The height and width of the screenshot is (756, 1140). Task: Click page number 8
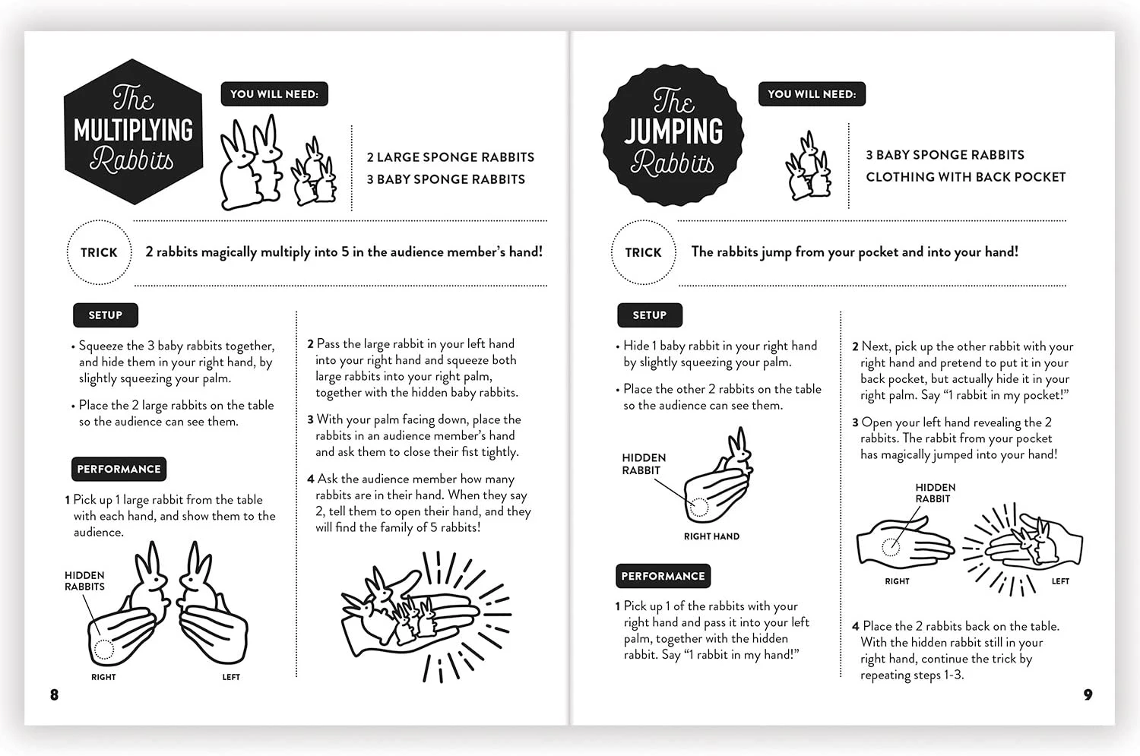pos(55,695)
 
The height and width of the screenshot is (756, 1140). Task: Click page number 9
pos(1088,695)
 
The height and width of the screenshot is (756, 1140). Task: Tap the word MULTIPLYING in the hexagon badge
pos(133,130)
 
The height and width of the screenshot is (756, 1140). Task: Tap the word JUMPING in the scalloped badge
pos(673,131)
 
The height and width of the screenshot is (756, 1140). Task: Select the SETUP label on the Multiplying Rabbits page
pos(106,315)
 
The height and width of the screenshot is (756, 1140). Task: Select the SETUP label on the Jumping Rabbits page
pos(649,315)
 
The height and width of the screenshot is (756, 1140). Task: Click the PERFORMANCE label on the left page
pos(119,469)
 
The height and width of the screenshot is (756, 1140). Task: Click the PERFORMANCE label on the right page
pos(663,576)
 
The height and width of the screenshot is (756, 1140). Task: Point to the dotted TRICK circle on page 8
pos(99,221)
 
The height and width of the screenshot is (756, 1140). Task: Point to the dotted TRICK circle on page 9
pos(643,221)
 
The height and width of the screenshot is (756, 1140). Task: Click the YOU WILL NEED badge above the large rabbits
pos(274,94)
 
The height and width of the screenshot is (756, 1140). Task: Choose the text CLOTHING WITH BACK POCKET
pos(965,177)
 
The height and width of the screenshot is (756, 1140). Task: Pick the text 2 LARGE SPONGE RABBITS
pos(451,157)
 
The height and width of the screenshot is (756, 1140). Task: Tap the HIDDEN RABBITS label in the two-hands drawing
pos(84,581)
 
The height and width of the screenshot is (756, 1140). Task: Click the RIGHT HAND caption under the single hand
pos(711,536)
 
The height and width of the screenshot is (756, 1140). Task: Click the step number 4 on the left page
pos(310,479)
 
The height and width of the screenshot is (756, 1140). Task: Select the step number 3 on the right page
pos(856,422)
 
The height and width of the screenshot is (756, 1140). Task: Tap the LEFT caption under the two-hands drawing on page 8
pos(231,677)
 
